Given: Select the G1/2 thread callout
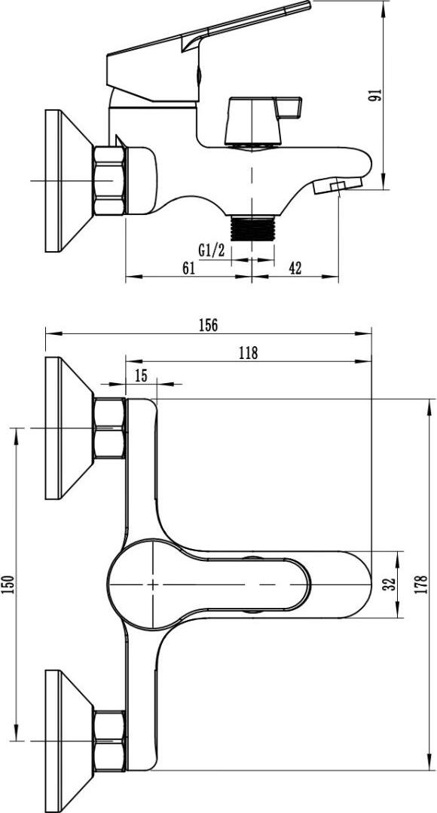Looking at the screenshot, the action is point(211,251).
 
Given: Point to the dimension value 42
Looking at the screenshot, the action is point(295,268).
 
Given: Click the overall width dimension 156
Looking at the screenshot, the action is point(208,325).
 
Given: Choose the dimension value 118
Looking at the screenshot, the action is point(248,353).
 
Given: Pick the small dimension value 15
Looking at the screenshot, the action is point(141,376).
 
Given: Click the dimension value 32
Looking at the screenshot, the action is point(391,584).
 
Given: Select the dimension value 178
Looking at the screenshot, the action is point(422,584).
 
